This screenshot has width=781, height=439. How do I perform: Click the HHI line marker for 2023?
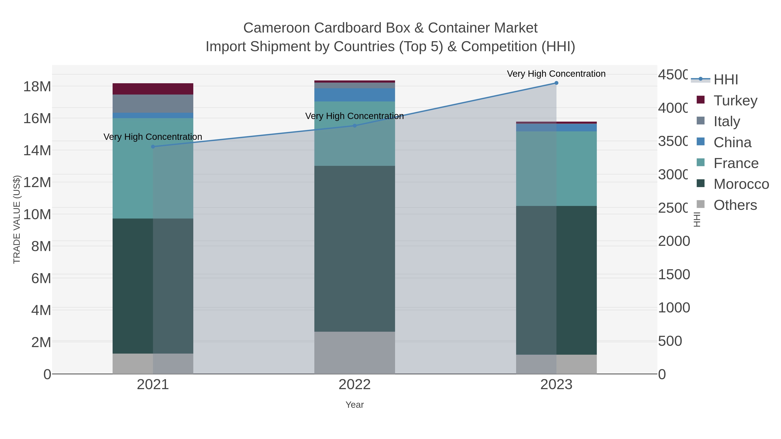tap(556, 83)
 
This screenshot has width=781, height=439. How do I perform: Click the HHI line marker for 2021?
tap(153, 147)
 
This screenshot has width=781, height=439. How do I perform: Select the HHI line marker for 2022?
tap(354, 126)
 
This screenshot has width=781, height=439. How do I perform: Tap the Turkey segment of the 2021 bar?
tap(153, 89)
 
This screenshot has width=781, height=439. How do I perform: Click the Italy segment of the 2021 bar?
tap(153, 104)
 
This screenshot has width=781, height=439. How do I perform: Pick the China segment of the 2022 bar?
tap(354, 95)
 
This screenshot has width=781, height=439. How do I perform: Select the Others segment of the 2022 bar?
tap(354, 353)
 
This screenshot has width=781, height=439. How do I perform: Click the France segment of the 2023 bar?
tap(556, 168)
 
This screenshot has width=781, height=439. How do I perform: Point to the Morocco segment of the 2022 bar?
tap(354, 248)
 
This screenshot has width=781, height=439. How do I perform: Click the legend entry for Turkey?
tap(735, 101)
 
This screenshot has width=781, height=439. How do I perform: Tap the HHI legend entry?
tap(725, 80)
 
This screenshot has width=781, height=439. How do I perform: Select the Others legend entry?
tap(735, 205)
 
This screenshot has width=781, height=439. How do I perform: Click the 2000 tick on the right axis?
tap(674, 241)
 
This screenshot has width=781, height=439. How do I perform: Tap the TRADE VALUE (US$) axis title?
tap(17, 219)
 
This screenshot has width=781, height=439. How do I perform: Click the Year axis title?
tap(354, 405)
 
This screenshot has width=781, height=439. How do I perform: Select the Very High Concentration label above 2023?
tap(556, 74)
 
